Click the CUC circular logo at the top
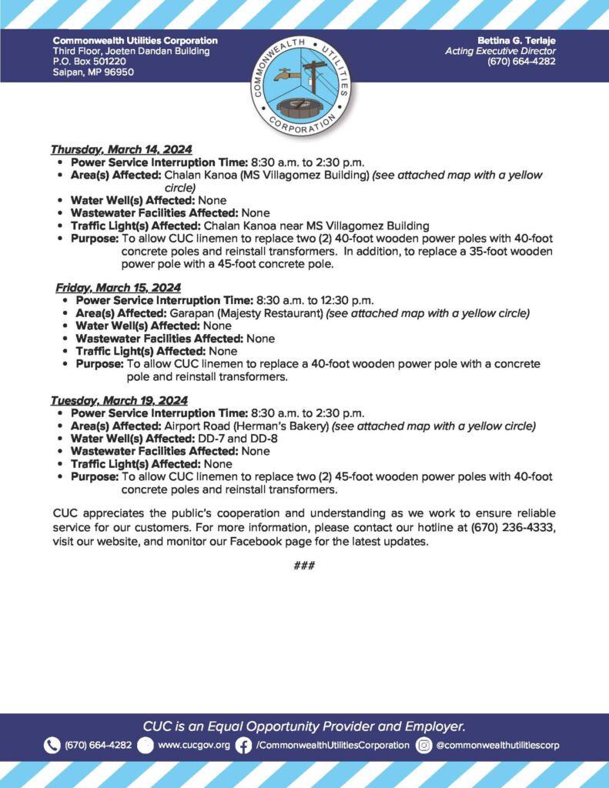(304, 86)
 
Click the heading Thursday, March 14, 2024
(121, 149)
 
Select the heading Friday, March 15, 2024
(118, 288)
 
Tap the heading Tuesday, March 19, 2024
(119, 401)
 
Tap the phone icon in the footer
(52, 745)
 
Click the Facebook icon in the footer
(243, 745)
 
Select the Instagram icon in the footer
(423, 745)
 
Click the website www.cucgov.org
(194, 745)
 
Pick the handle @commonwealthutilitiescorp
(497, 745)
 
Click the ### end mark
(304, 566)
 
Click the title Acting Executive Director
(500, 51)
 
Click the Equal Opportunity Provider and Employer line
(304, 726)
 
